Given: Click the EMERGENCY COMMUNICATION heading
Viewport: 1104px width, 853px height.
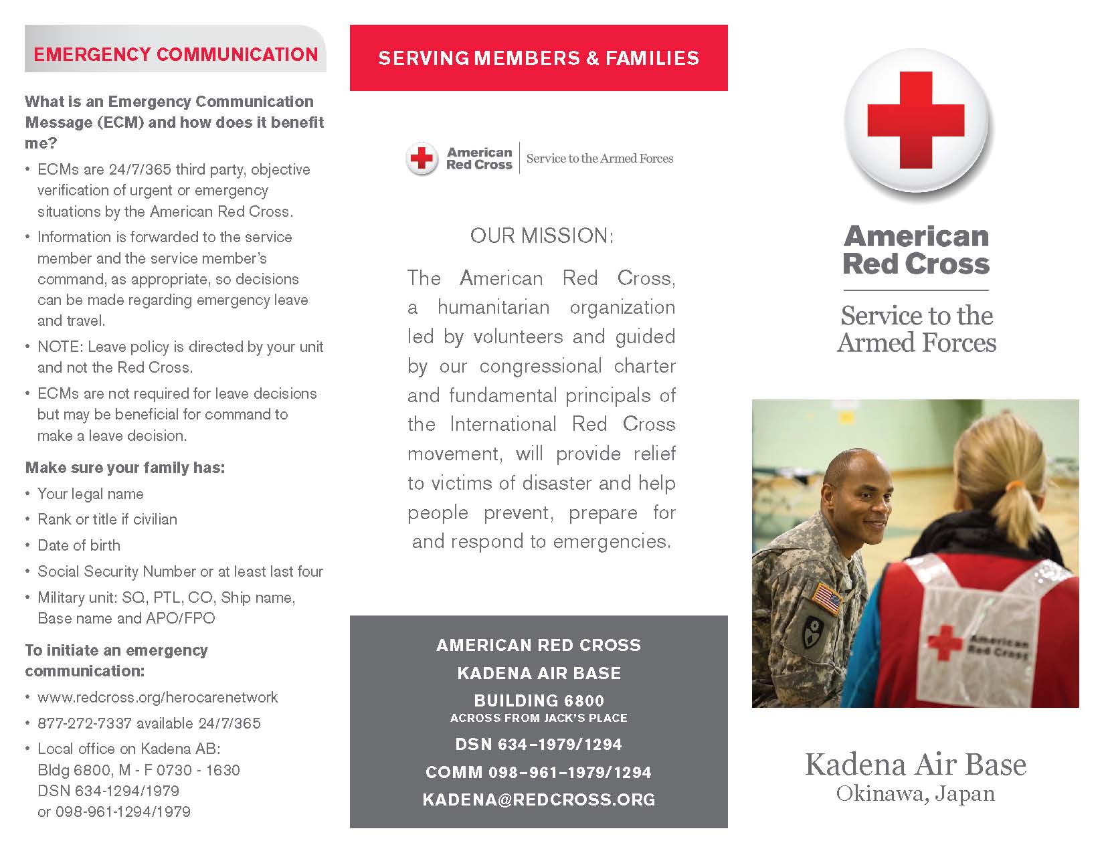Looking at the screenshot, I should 175,54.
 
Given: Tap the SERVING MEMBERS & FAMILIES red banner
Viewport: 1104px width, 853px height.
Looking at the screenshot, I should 539,58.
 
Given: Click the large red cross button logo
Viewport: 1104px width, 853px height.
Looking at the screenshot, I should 916,121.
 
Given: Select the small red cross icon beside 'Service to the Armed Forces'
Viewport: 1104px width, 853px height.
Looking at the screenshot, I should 422,159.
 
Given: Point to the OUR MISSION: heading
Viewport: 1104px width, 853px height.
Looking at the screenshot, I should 541,235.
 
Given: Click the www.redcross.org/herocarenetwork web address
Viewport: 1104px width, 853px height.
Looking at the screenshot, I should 158,697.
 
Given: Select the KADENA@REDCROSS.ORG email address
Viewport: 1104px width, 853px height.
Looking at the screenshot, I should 539,799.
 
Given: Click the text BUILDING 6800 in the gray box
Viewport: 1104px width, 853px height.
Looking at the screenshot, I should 539,700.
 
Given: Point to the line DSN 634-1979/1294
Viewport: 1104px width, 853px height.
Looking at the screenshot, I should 539,744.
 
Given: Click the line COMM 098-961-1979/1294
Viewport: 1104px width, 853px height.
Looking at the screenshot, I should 539,772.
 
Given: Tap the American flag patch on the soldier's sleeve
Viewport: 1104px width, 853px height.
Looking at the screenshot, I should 827,597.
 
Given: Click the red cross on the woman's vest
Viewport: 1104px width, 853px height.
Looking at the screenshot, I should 945,641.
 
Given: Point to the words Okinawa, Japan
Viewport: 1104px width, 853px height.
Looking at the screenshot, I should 915,794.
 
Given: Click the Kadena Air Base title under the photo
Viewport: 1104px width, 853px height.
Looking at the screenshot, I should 915,764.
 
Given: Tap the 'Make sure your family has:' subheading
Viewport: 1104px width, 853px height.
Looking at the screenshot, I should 125,468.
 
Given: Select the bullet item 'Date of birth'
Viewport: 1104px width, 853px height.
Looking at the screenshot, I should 79,545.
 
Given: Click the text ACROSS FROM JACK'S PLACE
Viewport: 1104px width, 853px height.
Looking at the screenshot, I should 539,718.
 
